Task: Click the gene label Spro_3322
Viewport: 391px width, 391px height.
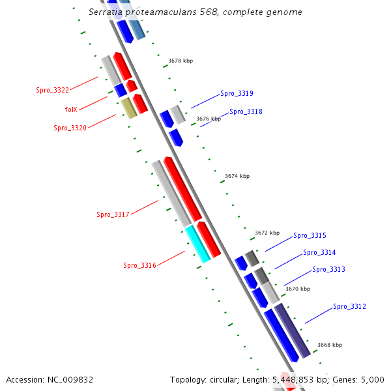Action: (x=52, y=90)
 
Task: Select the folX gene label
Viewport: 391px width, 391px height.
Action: (x=71, y=109)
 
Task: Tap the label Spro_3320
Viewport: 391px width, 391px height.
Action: (x=70, y=128)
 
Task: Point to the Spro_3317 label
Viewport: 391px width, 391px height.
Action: (x=113, y=214)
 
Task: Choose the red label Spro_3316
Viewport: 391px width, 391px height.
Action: (x=139, y=265)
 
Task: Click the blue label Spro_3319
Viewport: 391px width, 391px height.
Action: (x=237, y=93)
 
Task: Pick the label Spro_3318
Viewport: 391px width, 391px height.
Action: (x=246, y=111)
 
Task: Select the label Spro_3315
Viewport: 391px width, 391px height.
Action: (x=310, y=235)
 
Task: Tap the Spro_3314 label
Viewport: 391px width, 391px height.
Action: (x=319, y=252)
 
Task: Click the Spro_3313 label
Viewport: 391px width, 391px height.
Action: (x=328, y=269)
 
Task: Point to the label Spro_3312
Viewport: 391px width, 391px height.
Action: (x=349, y=306)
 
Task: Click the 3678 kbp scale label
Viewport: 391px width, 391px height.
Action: (x=181, y=61)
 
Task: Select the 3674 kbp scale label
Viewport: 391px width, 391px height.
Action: (x=237, y=176)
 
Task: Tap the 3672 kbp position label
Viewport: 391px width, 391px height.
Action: (x=267, y=233)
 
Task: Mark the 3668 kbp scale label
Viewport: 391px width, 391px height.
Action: (x=330, y=345)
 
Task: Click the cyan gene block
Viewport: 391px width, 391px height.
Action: (x=197, y=244)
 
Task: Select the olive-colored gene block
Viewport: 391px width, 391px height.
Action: (x=129, y=108)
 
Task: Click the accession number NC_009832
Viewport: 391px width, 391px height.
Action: (x=72, y=379)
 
